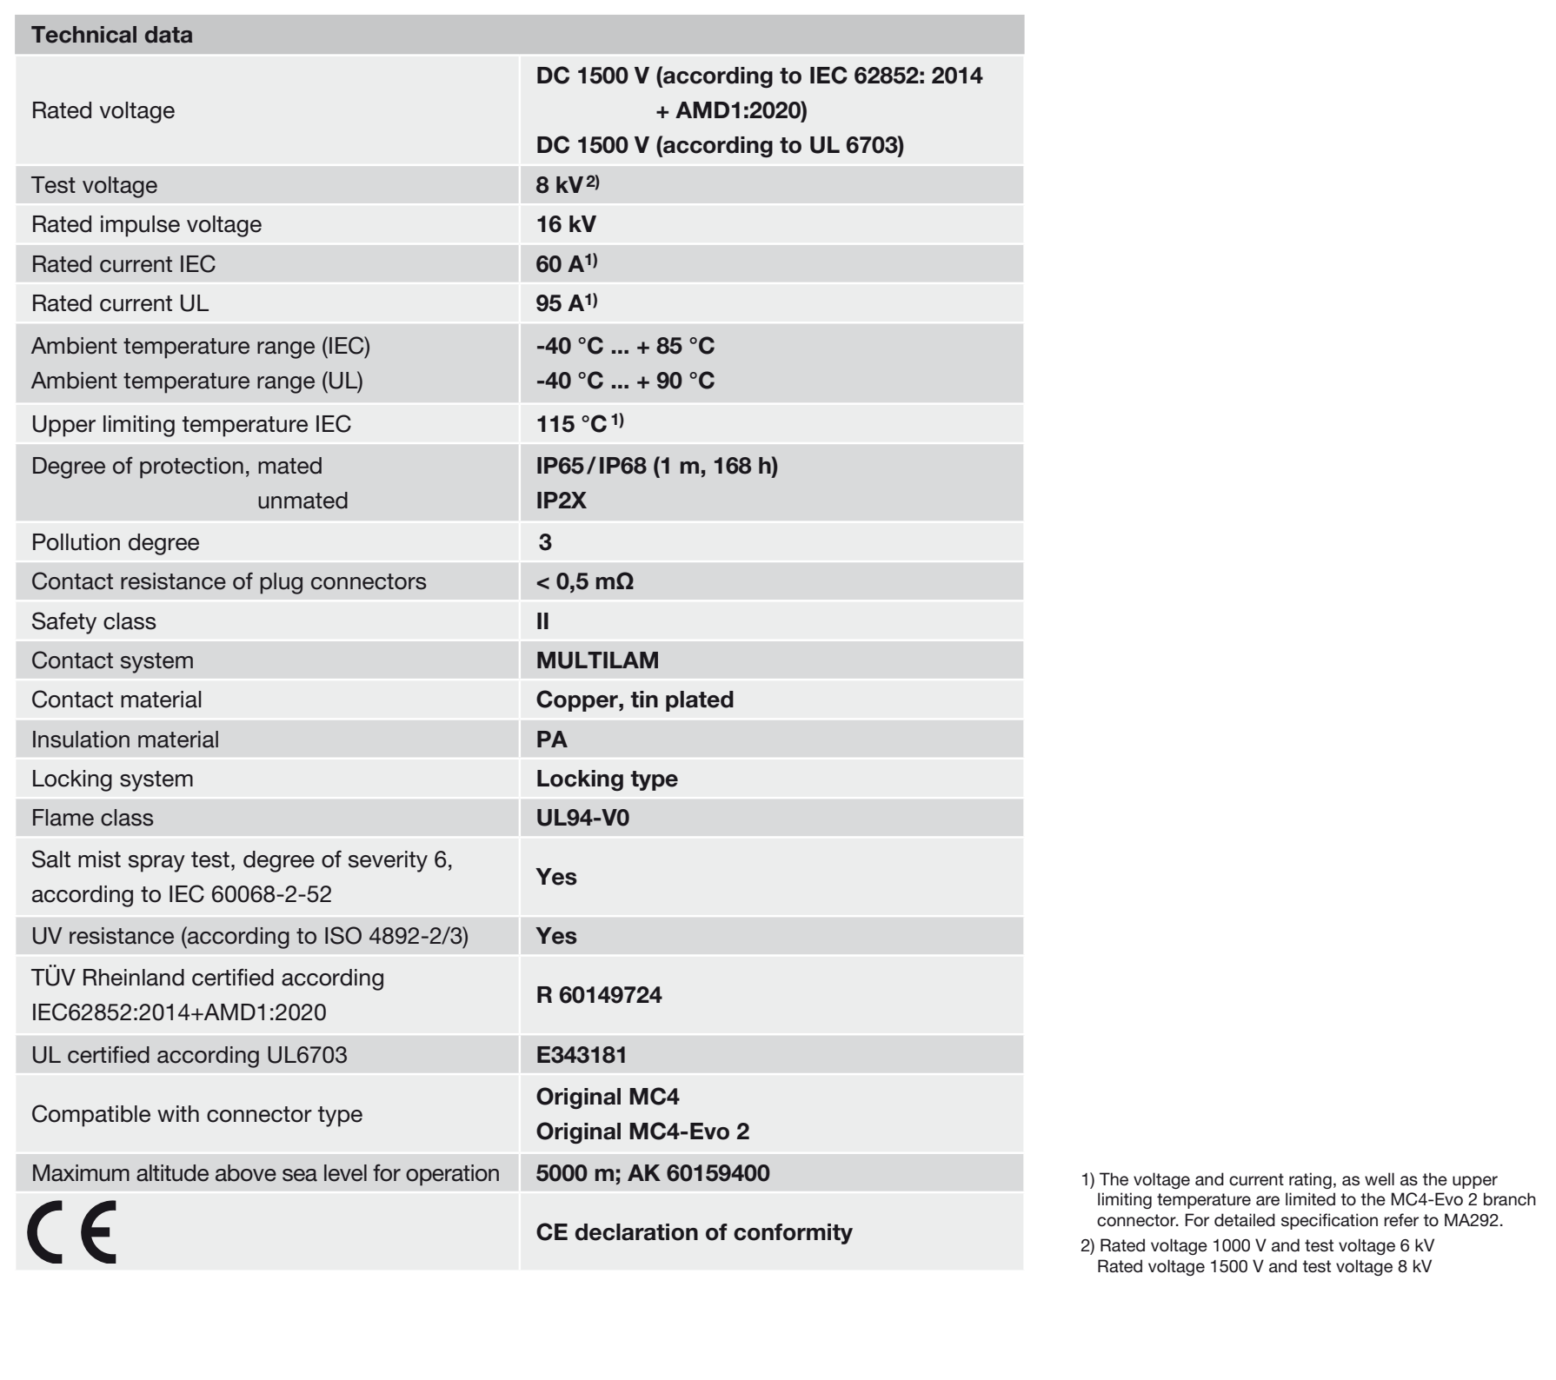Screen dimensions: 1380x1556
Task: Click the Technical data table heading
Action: tap(112, 36)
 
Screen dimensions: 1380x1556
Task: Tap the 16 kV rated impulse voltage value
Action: tap(566, 224)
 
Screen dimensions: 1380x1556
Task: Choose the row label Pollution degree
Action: tap(116, 542)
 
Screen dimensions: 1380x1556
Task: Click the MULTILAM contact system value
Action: tap(597, 660)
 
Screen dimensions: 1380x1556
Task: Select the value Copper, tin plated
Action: tap(635, 700)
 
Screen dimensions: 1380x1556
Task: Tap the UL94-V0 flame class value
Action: tap(582, 818)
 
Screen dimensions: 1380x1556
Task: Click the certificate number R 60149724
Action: tap(599, 995)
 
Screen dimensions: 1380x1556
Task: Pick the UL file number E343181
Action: tap(582, 1055)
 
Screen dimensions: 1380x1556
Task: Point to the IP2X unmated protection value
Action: tap(562, 501)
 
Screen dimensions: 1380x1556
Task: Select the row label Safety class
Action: tap(94, 621)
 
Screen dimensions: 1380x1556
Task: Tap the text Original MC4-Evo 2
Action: tap(642, 1131)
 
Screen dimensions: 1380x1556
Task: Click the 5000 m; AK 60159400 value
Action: tap(653, 1173)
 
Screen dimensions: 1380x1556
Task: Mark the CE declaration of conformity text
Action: tap(694, 1232)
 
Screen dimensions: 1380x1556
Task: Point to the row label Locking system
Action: tap(112, 779)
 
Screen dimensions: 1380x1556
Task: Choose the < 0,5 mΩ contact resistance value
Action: tap(585, 581)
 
